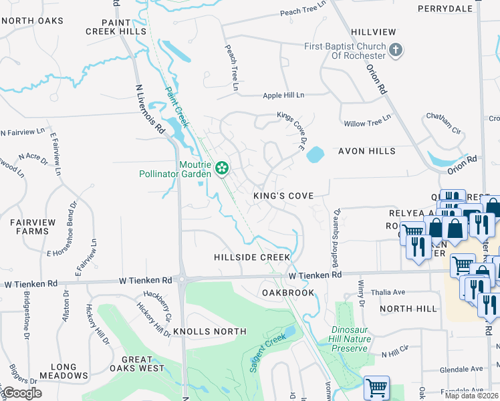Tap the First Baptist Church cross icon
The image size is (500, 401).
click(396, 50)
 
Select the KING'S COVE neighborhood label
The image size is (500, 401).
click(283, 196)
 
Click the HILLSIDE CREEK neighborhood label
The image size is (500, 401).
click(252, 257)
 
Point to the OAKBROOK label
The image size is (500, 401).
click(287, 293)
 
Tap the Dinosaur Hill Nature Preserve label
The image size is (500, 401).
click(351, 339)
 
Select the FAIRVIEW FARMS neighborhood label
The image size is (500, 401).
click(29, 226)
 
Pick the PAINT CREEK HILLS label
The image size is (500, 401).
click(115, 27)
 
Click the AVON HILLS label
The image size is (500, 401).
click(367, 151)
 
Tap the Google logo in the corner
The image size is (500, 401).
click(22, 393)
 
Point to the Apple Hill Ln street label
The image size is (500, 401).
click(283, 96)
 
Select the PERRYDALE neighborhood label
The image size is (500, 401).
click(445, 9)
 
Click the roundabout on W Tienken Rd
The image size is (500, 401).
click(182, 280)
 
